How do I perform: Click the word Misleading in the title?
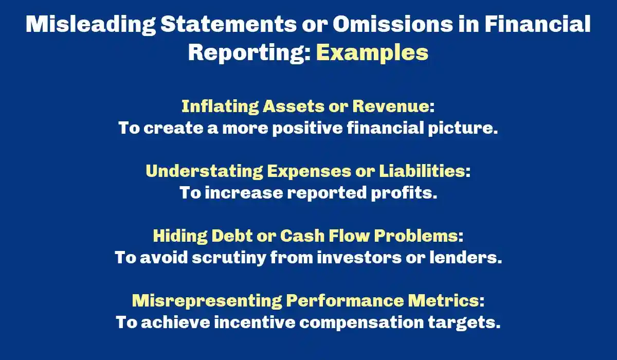[x=90, y=24]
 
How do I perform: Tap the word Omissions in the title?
[x=392, y=24]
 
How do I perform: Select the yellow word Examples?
[x=372, y=53]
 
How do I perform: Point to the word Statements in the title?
[x=229, y=24]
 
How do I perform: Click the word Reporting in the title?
[x=250, y=53]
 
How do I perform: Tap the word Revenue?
[x=391, y=106]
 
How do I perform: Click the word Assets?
[x=294, y=106]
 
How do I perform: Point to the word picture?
[x=463, y=129]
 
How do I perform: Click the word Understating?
[x=205, y=171]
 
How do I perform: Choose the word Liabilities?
[x=422, y=171]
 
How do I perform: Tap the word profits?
[x=404, y=193]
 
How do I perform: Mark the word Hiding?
[x=180, y=236]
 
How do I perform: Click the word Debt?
[x=232, y=236]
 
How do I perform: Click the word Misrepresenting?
[x=207, y=301]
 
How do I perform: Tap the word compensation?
[x=361, y=323]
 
